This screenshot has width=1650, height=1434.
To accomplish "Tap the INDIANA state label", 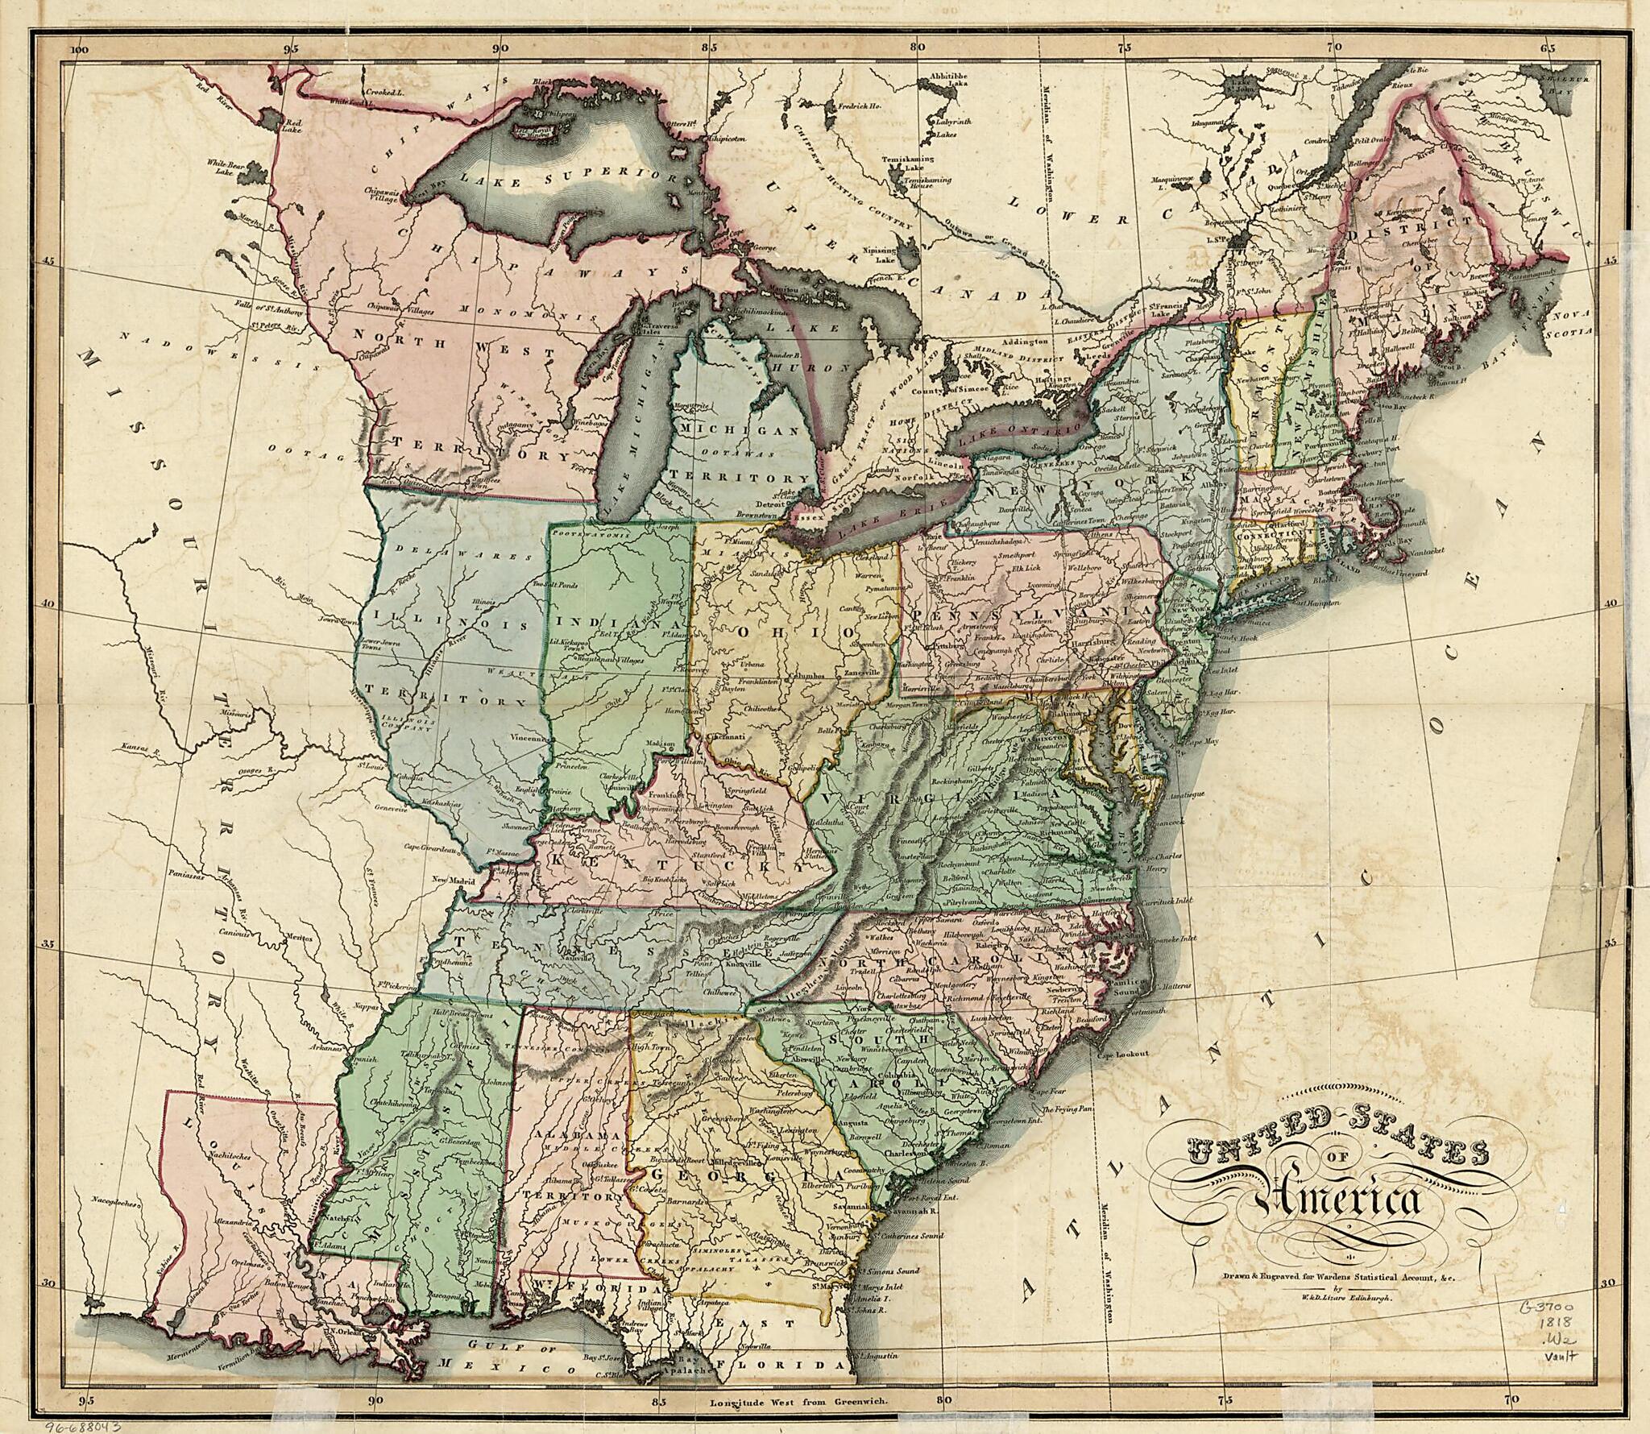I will (x=614, y=624).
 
